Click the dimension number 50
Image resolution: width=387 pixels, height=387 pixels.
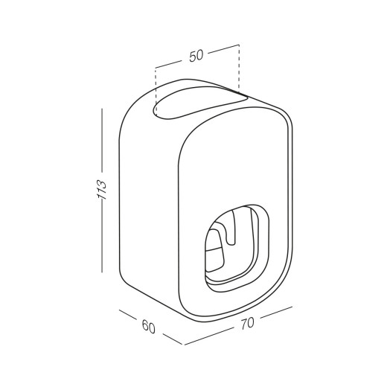pyautogui.click(x=196, y=56)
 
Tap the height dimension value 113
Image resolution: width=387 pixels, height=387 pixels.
pyautogui.click(x=102, y=189)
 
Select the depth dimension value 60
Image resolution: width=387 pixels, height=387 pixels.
pyautogui.click(x=149, y=326)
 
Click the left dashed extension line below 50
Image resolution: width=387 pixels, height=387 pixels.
pyautogui.click(x=156, y=91)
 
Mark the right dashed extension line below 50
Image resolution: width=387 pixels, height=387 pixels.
pyautogui.click(x=239, y=68)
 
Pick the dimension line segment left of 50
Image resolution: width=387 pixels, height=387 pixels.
pyautogui.click(x=168, y=64)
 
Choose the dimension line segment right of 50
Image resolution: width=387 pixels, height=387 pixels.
pyautogui.click(x=223, y=49)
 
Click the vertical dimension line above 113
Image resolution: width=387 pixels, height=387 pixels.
pyautogui.click(x=102, y=140)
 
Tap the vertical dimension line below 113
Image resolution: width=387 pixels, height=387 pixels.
pyautogui.click(x=102, y=239)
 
